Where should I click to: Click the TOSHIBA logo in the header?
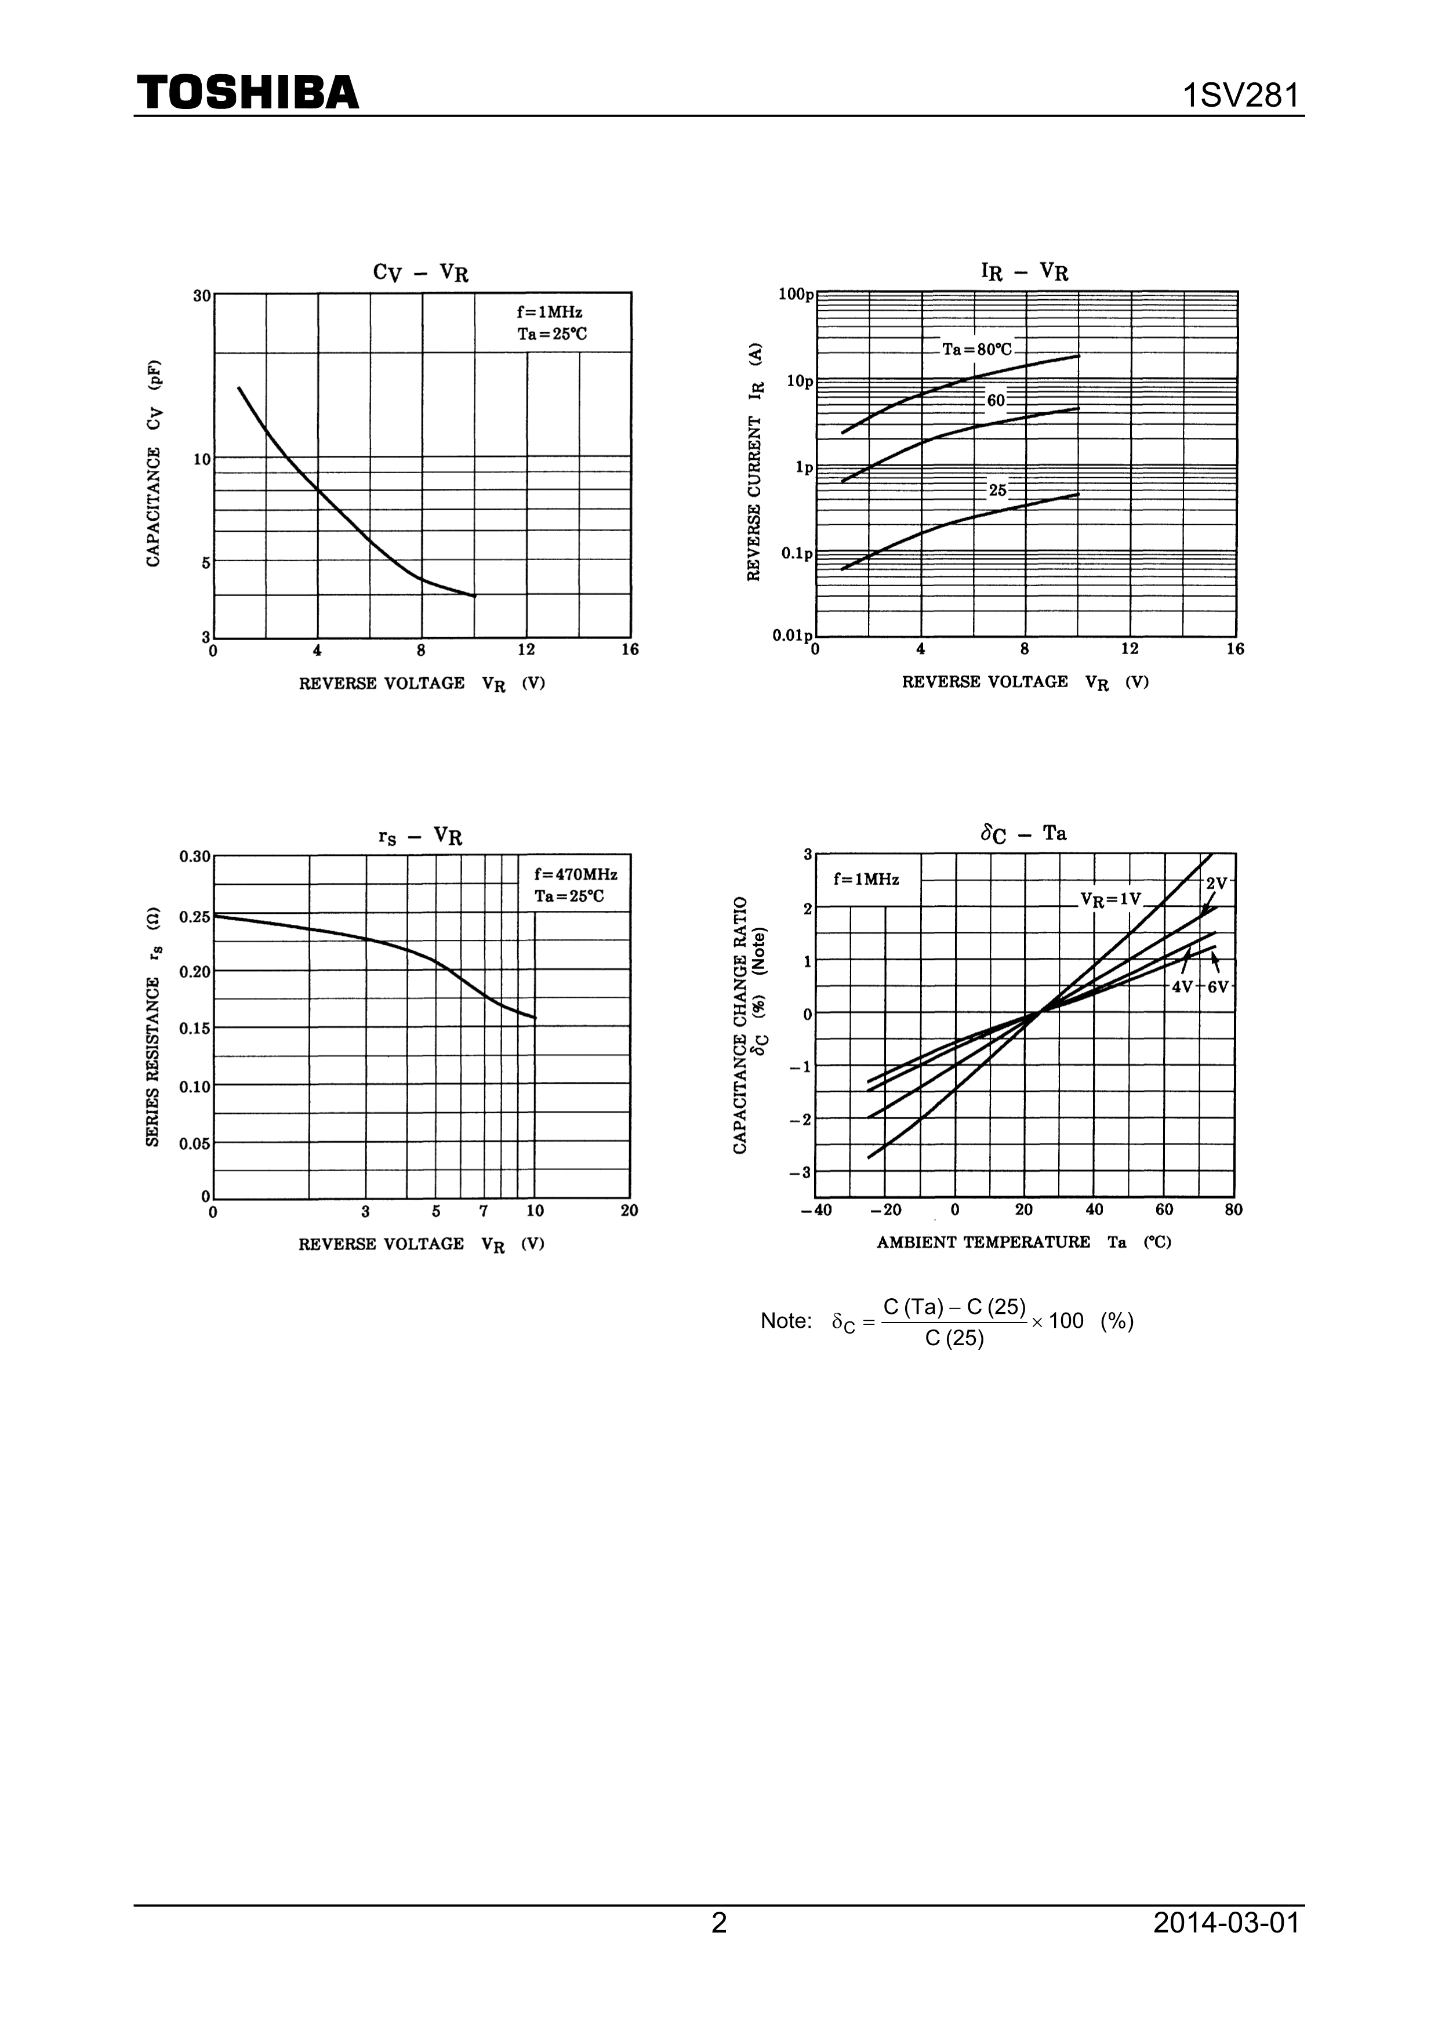[248, 92]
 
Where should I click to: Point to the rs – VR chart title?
[420, 836]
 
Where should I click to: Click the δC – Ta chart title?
[1023, 834]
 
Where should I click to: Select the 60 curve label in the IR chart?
[996, 401]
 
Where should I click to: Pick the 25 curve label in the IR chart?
[998, 490]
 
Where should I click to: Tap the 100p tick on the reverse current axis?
[796, 294]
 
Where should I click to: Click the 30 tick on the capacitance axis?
[202, 296]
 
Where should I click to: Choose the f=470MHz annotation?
[575, 874]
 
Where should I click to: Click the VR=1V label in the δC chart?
[1110, 899]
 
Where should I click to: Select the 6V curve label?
[1218, 987]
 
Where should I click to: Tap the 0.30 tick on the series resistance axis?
[195, 856]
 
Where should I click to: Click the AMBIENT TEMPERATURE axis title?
[983, 1242]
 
